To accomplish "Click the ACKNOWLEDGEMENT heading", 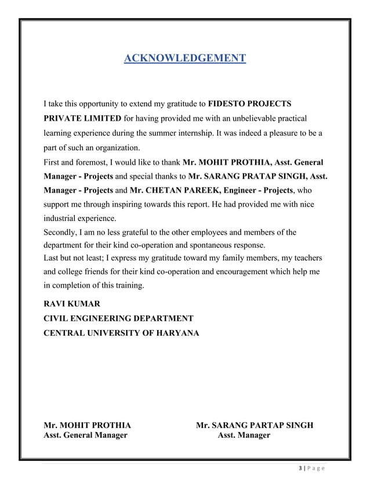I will tap(185, 58).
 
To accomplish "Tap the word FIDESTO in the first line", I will tap(228, 104).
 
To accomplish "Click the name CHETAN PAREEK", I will tap(177, 190).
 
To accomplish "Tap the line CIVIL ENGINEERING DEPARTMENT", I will tap(118, 319).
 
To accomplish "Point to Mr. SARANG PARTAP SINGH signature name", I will tap(255, 426).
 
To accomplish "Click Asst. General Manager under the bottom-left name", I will tap(86, 436).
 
